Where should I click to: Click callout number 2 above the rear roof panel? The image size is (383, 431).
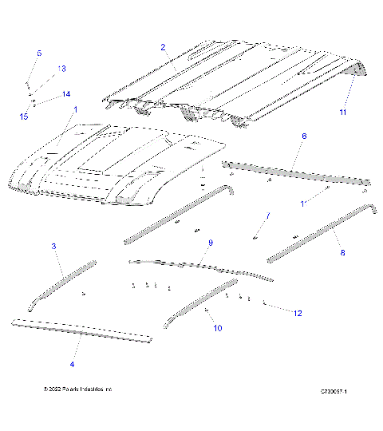pyautogui.click(x=163, y=48)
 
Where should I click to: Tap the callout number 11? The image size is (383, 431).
pyautogui.click(x=343, y=112)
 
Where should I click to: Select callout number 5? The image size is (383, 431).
pyautogui.click(x=38, y=53)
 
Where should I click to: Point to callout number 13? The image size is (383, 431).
pyautogui.click(x=62, y=69)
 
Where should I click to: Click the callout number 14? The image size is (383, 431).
pyautogui.click(x=66, y=94)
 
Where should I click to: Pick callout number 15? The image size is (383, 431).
pyautogui.click(x=24, y=116)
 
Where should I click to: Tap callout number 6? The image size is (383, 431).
pyautogui.click(x=303, y=136)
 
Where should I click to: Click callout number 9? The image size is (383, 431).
pyautogui.click(x=211, y=243)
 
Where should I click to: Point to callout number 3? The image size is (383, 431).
pyautogui.click(x=53, y=247)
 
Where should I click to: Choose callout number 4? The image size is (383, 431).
pyautogui.click(x=72, y=364)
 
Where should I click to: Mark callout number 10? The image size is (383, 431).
pyautogui.click(x=218, y=328)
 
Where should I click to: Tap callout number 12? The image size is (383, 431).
pyautogui.click(x=297, y=314)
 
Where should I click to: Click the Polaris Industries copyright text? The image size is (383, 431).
pyautogui.click(x=78, y=389)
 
